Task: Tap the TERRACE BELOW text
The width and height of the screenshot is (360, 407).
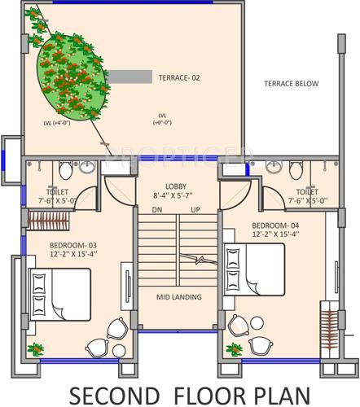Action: click(292, 84)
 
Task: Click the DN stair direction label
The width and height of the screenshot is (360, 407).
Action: click(156, 210)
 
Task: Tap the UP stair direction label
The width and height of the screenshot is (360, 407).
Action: click(195, 210)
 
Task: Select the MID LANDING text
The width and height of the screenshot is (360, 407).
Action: click(178, 298)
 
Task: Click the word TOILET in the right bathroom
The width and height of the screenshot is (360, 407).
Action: click(307, 191)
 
